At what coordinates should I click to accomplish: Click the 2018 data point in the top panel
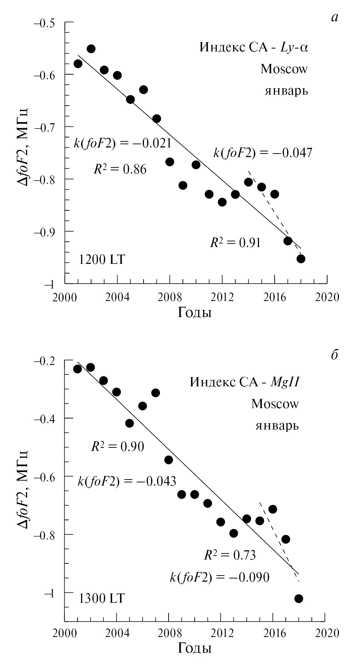tap(301, 259)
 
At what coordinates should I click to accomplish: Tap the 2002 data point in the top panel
tap(91, 49)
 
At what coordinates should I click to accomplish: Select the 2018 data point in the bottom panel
tap(299, 598)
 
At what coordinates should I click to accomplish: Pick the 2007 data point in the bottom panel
tap(155, 393)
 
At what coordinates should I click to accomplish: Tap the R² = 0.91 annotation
tap(235, 243)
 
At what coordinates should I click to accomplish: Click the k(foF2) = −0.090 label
tap(219, 577)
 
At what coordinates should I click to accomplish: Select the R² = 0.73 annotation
tap(230, 555)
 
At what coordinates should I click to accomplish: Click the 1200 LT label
tap(102, 260)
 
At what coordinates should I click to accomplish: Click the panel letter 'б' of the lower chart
tap(334, 355)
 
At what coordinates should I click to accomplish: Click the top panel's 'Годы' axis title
tap(195, 313)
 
